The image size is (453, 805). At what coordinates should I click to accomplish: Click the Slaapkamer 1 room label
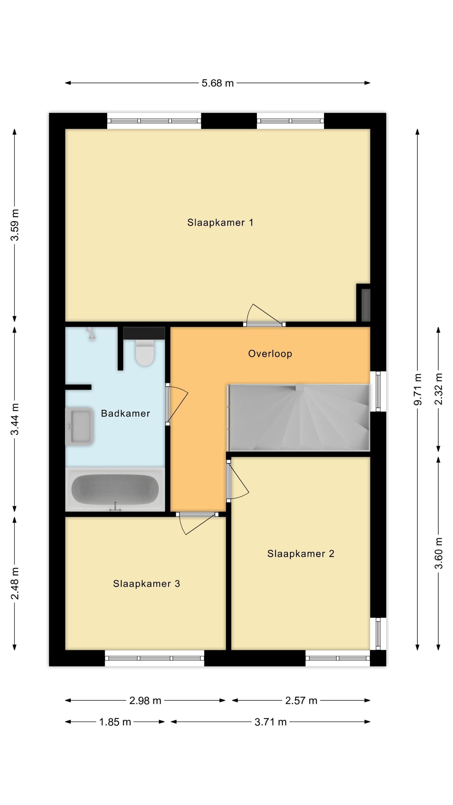(220, 222)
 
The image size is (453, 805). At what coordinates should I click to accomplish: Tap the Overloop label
(270, 353)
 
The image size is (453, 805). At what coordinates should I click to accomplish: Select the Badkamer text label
(125, 414)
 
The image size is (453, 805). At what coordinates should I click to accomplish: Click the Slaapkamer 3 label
(147, 584)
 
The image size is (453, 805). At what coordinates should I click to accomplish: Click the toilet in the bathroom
(145, 353)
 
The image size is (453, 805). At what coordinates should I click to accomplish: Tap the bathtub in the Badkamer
(115, 490)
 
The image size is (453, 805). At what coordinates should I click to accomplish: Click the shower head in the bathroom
(91, 334)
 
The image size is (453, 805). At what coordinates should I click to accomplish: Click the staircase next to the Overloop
(299, 418)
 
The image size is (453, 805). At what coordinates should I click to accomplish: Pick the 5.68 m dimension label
(218, 83)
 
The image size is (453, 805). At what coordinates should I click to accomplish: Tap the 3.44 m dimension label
(15, 419)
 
